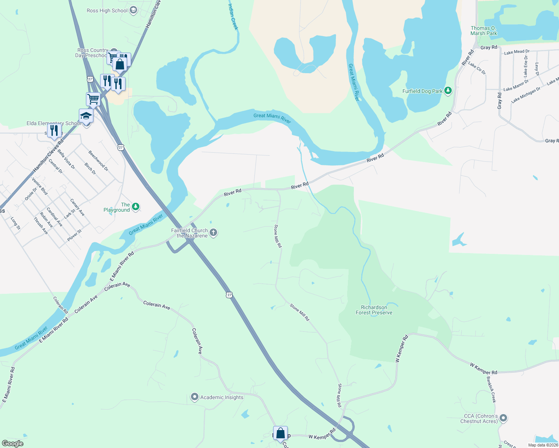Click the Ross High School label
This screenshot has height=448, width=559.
[x=107, y=11]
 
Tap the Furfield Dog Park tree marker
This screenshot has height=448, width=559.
[x=448, y=91]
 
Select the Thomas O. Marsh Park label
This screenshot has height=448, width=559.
[x=484, y=31]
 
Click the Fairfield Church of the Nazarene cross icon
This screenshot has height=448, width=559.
[x=213, y=233]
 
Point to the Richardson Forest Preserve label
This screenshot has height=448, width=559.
[x=374, y=310]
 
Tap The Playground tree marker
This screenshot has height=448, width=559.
[x=136, y=206]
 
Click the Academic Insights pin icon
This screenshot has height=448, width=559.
[x=194, y=397]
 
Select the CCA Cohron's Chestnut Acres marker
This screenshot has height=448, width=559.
[x=503, y=418]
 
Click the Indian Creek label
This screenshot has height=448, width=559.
[x=233, y=16]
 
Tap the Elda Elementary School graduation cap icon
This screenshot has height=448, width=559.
[x=86, y=116]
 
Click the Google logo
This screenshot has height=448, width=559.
[x=12, y=443]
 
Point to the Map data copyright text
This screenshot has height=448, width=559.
[x=543, y=445]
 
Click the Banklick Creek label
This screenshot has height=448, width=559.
[x=491, y=389]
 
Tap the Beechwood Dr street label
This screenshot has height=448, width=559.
[x=98, y=161]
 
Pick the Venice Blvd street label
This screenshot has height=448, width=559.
[x=40, y=186]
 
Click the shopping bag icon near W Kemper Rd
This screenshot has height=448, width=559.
[x=280, y=433]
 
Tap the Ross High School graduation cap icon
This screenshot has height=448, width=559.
[x=133, y=11]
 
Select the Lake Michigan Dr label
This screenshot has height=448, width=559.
[x=526, y=95]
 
